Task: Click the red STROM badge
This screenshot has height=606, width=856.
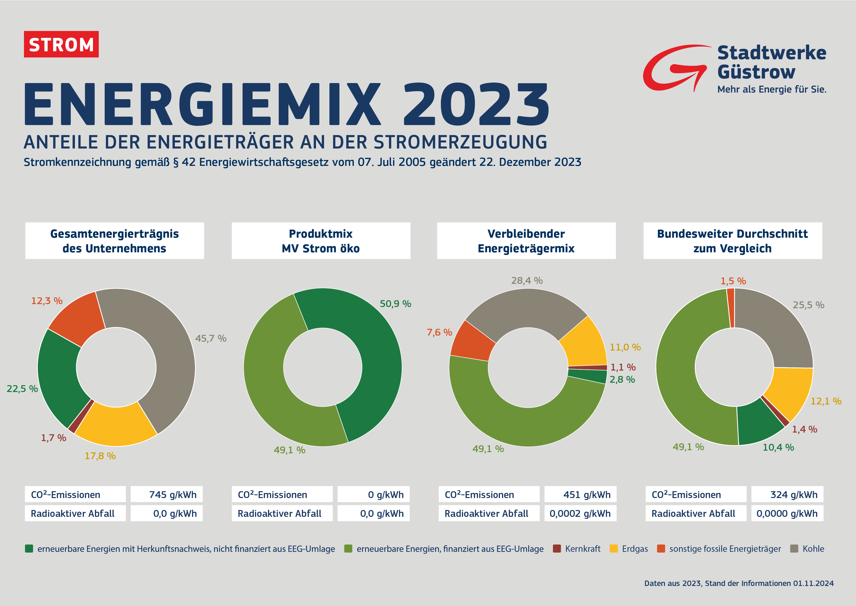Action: (x=61, y=44)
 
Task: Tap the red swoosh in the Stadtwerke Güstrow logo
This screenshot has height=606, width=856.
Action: (x=667, y=69)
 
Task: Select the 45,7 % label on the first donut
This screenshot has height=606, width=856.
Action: (x=211, y=339)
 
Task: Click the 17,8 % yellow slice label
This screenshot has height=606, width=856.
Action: (x=100, y=456)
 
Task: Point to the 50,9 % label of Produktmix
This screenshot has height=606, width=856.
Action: (x=395, y=304)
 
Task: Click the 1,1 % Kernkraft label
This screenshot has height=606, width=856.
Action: (x=623, y=367)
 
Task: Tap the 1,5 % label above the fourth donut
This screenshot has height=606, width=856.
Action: (x=733, y=281)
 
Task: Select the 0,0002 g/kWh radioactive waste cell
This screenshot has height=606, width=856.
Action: (x=580, y=513)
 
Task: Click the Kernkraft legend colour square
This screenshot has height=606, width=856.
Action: (x=557, y=549)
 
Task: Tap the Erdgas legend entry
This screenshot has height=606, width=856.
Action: (x=634, y=549)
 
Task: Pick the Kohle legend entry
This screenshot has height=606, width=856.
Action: (x=813, y=549)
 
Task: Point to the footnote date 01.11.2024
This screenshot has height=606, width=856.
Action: (x=813, y=583)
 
